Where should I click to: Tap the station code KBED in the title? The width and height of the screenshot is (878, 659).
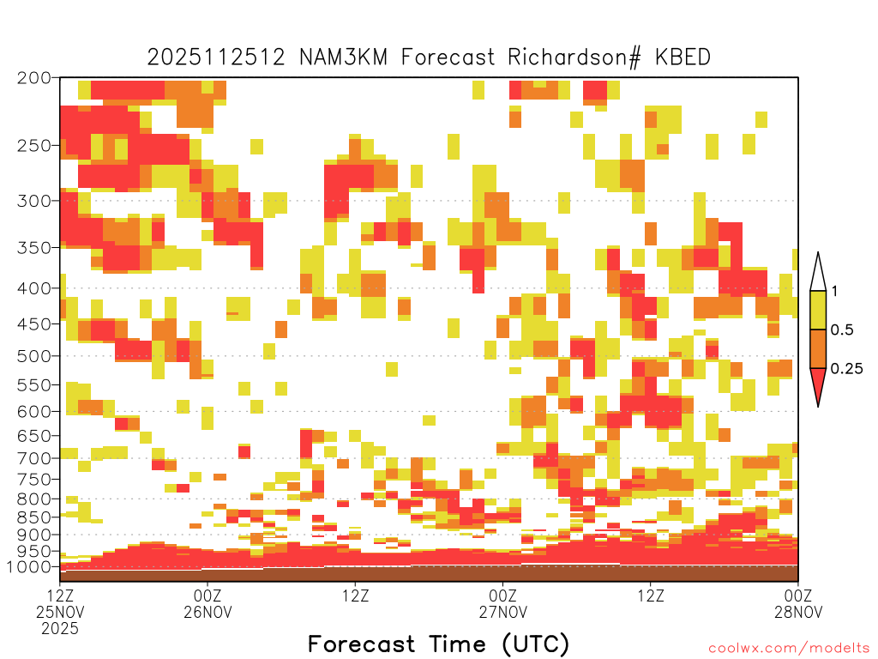pos(683,57)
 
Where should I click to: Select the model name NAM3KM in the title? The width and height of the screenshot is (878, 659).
pos(343,57)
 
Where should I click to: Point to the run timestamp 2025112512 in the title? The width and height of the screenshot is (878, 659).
pos(216,57)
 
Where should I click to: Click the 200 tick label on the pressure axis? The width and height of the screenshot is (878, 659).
pos(34,78)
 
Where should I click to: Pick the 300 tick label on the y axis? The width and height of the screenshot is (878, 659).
pos(34,201)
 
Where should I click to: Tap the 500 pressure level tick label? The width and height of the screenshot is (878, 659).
pos(34,356)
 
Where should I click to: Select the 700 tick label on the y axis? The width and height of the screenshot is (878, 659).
pos(34,459)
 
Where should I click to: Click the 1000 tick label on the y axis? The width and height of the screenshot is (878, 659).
pos(29,567)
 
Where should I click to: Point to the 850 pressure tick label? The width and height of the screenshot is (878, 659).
pos(34,517)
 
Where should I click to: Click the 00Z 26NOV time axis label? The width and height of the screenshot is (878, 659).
pos(207,603)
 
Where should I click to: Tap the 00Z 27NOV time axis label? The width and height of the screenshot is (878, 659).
pos(502,603)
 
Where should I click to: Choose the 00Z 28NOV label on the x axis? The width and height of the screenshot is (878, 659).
pos(798,603)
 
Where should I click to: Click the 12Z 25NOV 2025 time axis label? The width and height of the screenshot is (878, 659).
pos(60,611)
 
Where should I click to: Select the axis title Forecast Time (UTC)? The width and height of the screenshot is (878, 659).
pos(438,644)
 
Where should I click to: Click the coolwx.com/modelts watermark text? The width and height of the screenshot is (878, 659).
pos(790,649)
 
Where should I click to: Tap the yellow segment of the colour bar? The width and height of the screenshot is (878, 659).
pos(818,310)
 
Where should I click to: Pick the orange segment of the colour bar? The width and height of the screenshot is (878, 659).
pos(818,348)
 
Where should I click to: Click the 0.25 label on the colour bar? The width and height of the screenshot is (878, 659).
pos(846,369)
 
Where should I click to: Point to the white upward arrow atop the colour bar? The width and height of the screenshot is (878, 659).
pos(818,272)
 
